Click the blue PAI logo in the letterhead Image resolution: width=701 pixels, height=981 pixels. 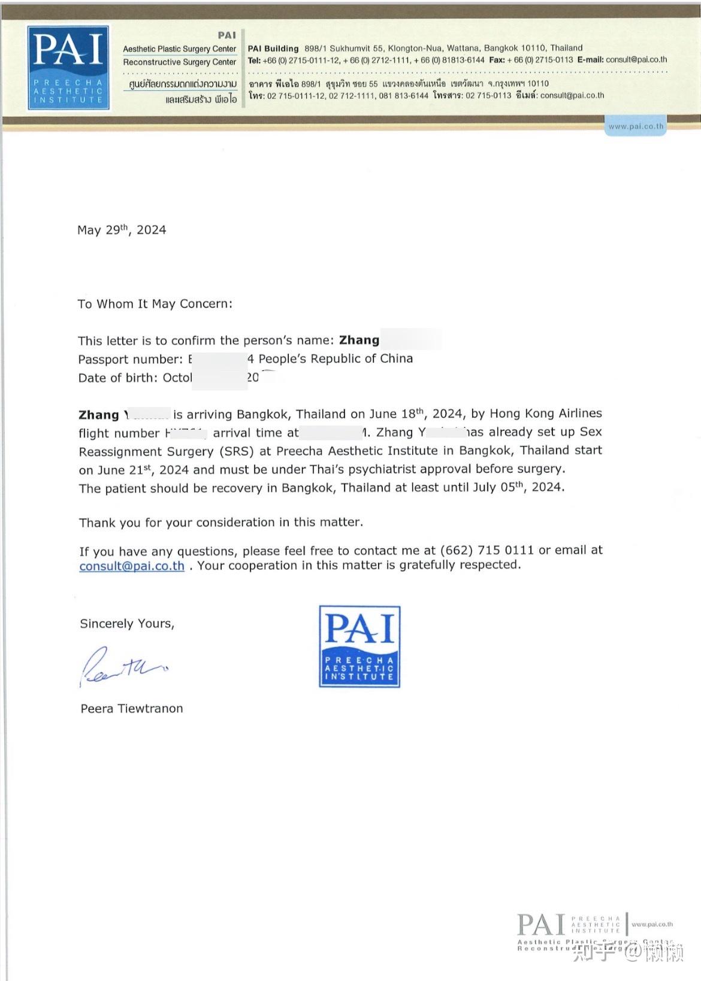tap(68, 68)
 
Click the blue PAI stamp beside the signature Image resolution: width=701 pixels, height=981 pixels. tap(359, 646)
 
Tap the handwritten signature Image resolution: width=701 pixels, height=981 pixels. tap(123, 666)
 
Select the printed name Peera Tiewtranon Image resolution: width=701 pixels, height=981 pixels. tap(132, 709)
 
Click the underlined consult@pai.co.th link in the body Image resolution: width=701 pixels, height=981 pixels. tap(132, 566)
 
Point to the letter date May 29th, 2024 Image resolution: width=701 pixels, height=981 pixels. tap(122, 230)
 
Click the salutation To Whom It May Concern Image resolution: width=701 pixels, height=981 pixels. tap(155, 304)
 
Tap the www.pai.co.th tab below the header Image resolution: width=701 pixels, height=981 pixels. tap(636, 127)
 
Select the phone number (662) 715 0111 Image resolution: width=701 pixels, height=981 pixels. tap(487, 551)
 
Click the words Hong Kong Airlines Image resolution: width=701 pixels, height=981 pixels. tap(546, 414)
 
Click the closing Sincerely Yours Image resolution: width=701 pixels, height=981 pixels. tap(127, 624)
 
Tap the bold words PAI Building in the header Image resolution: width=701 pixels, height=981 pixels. tap(273, 48)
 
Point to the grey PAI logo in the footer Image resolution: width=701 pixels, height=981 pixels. tap(541, 925)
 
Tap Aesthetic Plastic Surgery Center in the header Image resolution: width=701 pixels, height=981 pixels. tap(180, 49)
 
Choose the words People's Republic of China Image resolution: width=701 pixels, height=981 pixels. tap(336, 359)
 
